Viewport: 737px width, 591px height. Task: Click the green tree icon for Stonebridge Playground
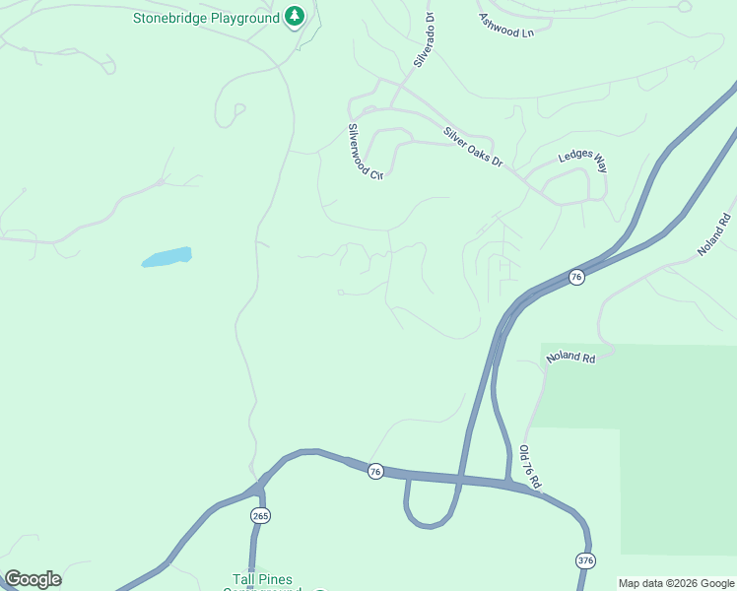294,17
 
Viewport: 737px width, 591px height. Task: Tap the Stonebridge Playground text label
208,17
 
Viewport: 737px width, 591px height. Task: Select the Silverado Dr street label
425,40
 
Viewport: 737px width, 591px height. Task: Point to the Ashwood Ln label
505,26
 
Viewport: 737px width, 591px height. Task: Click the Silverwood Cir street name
364,151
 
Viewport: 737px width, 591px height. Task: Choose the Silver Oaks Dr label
472,148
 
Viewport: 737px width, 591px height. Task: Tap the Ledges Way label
583,163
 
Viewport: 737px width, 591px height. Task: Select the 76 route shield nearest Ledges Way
576,278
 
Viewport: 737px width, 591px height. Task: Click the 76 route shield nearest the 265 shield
374,472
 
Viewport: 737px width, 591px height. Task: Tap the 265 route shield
260,516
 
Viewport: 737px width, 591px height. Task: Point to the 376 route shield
586,559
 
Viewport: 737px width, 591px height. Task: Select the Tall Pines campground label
262,581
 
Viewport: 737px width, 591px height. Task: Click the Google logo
33,579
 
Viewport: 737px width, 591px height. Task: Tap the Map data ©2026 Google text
676,583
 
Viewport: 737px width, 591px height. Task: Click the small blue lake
167,257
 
